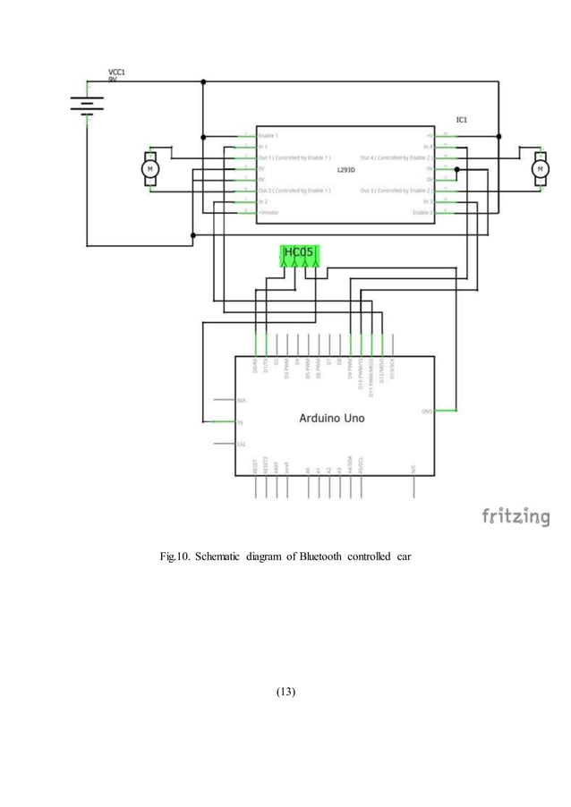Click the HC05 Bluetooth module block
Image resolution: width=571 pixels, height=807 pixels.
pyautogui.click(x=298, y=255)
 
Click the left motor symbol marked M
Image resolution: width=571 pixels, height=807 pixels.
pyautogui.click(x=150, y=168)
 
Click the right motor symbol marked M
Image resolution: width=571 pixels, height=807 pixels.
pyautogui.click(x=540, y=168)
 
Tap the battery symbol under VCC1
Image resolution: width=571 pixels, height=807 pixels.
pyautogui.click(x=87, y=105)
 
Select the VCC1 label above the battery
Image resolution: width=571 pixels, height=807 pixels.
pyautogui.click(x=117, y=71)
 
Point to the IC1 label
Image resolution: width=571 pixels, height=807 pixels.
pyautogui.click(x=462, y=119)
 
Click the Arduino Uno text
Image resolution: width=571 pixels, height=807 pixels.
pyautogui.click(x=331, y=418)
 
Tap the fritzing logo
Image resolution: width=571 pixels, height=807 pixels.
pyautogui.click(x=516, y=516)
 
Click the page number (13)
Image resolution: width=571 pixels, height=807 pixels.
pyautogui.click(x=285, y=692)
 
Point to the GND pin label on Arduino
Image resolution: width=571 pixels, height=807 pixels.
pyautogui.click(x=427, y=412)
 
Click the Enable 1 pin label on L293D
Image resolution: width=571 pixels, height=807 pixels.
pyautogui.click(x=268, y=135)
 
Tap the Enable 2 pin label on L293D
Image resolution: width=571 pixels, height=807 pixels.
pyautogui.click(x=422, y=213)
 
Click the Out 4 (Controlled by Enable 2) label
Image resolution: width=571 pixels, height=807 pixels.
pyautogui.click(x=396, y=157)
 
